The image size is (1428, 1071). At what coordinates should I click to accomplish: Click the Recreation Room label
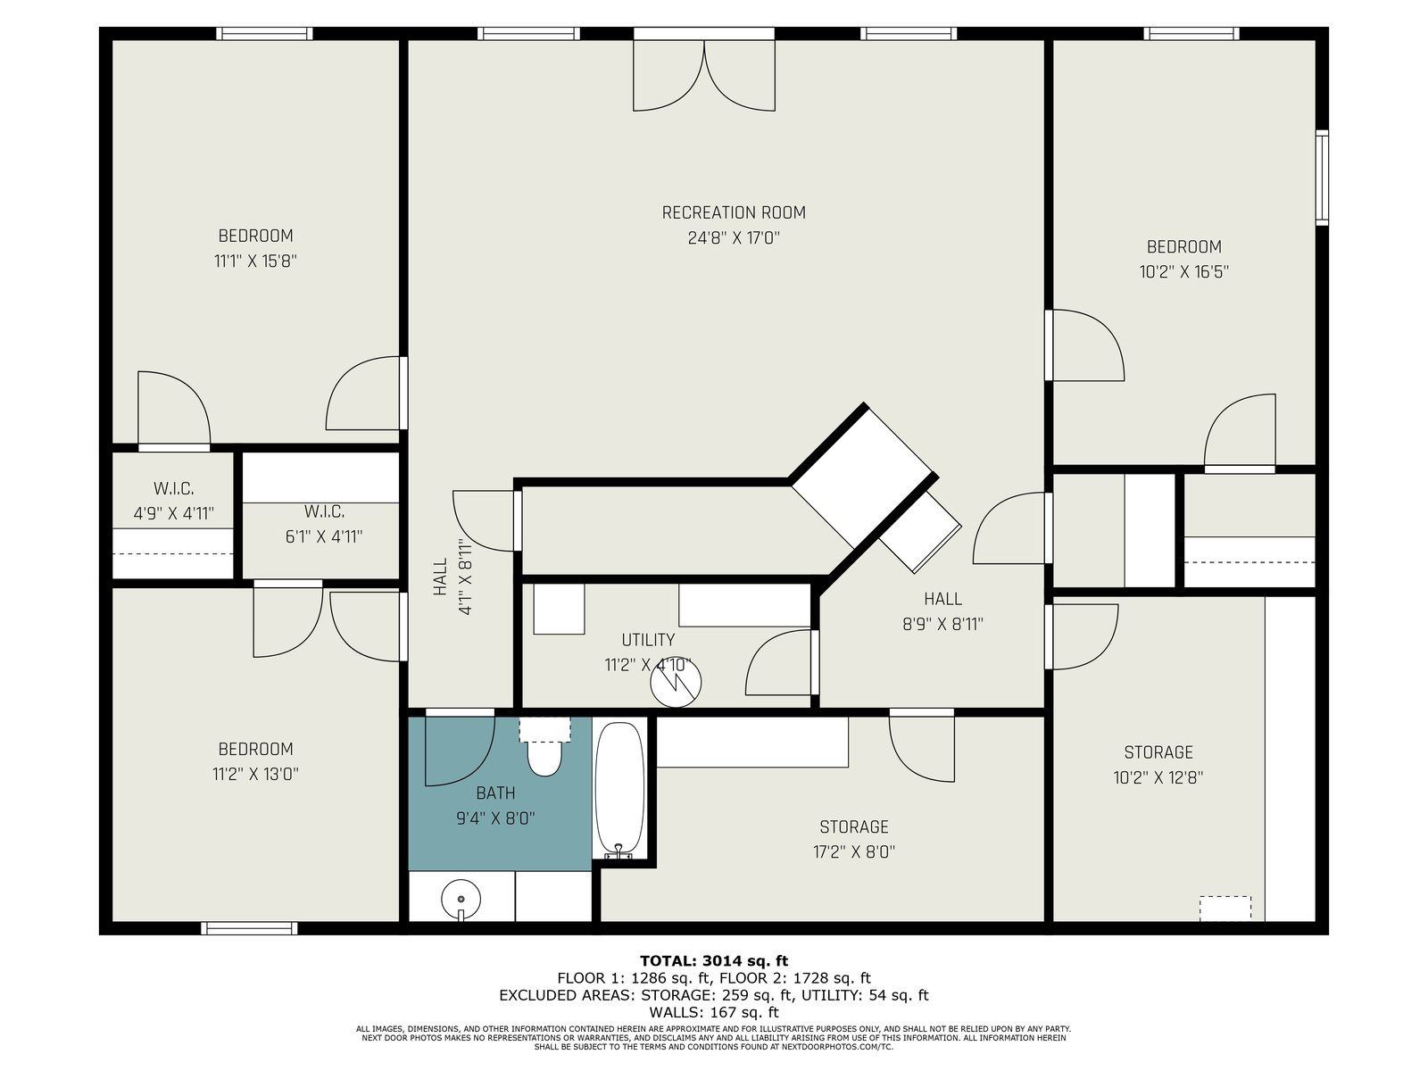point(734,212)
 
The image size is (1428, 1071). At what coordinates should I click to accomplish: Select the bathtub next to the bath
point(619,790)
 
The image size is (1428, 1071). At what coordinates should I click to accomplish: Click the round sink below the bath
point(461,900)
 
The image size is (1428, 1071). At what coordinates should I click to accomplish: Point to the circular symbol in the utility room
point(676,682)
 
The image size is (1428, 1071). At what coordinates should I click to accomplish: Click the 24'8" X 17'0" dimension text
point(734,238)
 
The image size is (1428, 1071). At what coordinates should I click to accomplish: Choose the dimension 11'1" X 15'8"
point(255,262)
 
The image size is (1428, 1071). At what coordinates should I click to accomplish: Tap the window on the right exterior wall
point(1322,178)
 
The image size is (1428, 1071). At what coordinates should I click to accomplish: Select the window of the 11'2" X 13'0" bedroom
point(248,928)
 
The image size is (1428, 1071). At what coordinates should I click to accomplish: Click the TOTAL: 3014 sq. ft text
point(714,960)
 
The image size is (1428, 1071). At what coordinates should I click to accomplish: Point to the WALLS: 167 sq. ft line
point(714,1012)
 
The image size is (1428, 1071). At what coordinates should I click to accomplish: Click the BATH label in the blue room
point(495,793)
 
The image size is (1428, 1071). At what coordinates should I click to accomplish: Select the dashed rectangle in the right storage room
point(1225,909)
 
